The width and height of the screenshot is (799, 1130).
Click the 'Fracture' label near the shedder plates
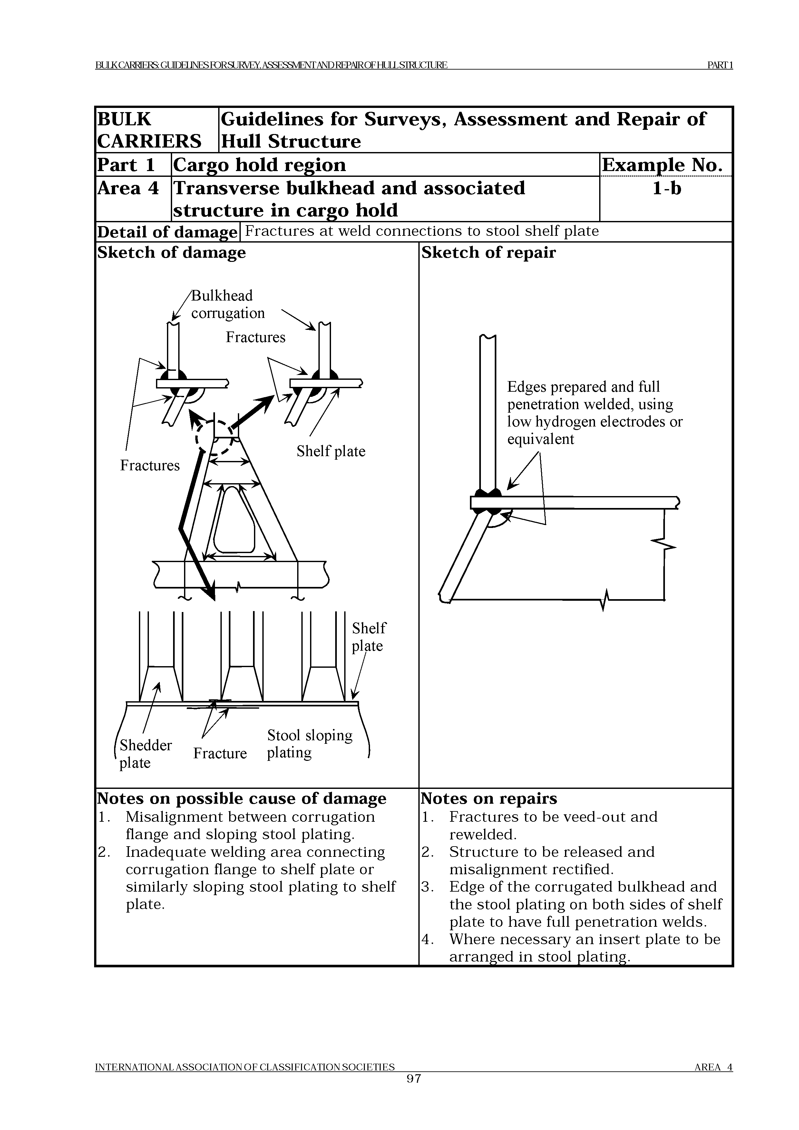(x=219, y=753)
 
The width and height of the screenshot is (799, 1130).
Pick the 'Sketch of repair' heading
(x=488, y=253)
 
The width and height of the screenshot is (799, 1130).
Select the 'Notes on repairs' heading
(x=489, y=798)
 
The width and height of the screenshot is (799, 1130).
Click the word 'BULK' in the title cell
(x=124, y=119)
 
